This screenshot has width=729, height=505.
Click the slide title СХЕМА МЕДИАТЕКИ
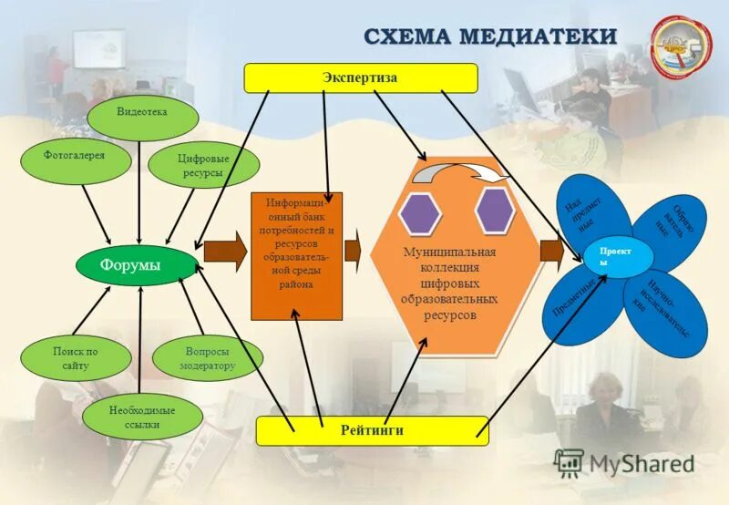490,36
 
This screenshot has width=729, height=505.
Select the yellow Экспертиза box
360,78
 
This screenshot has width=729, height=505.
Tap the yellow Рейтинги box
372,430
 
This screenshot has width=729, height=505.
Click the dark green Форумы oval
138,264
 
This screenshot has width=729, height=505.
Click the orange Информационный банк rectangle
296,255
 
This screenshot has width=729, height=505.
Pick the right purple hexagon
495,210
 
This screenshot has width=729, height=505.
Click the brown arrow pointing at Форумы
225,252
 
